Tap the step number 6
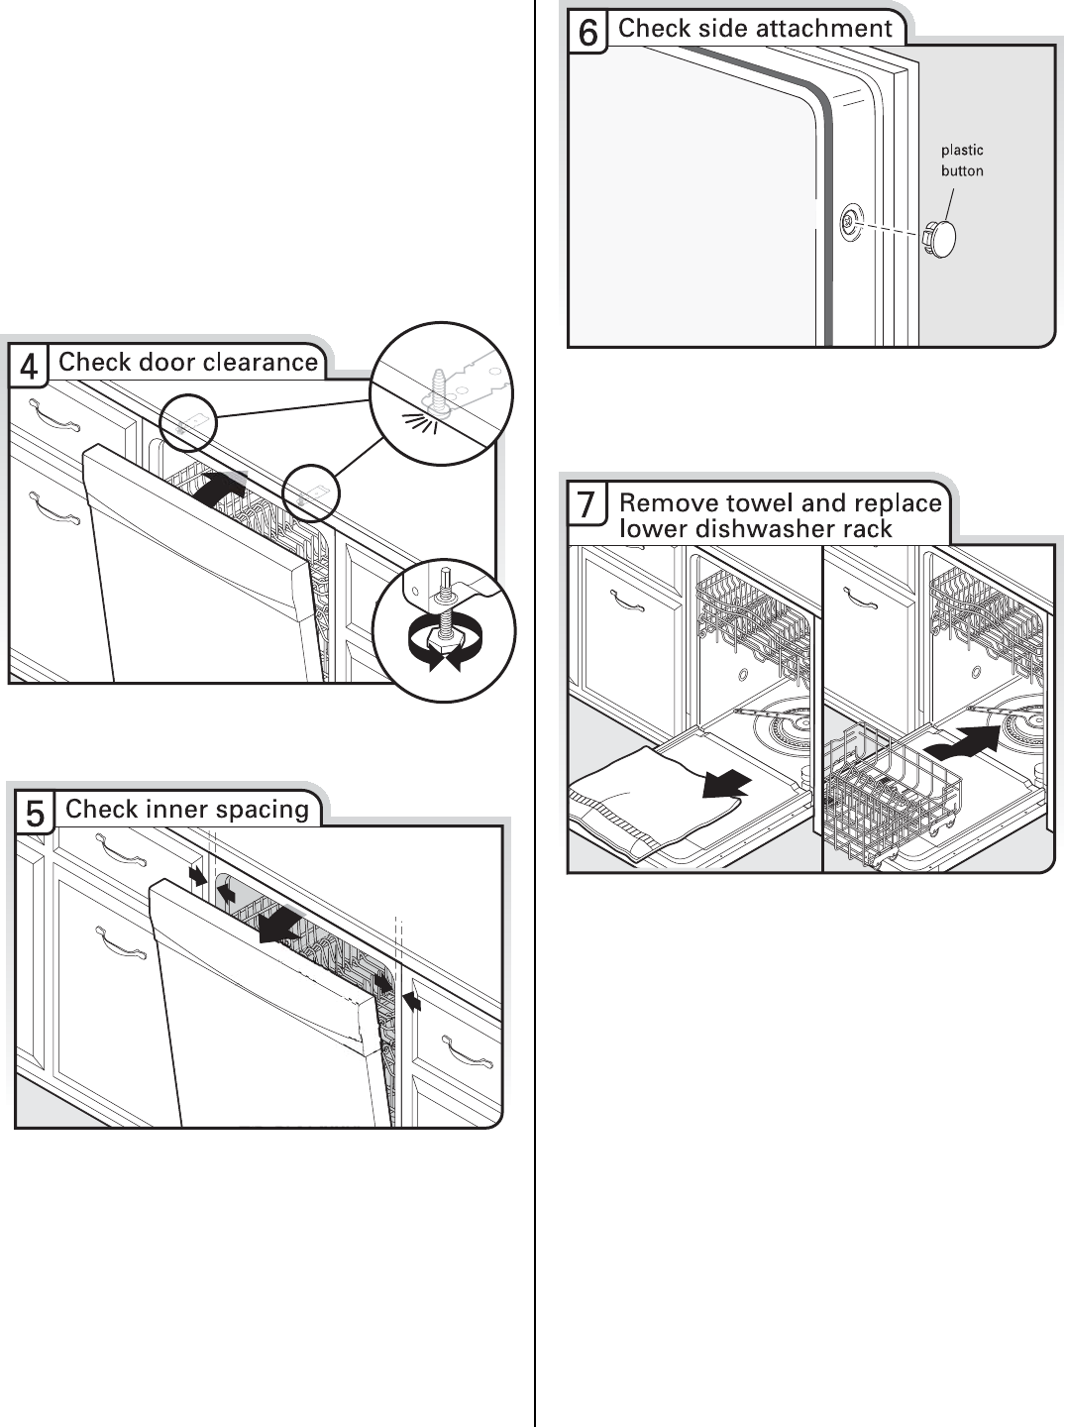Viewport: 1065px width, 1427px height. click(587, 33)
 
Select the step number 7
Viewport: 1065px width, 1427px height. click(586, 505)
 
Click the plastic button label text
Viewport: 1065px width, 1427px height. click(961, 161)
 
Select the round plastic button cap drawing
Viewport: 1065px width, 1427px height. click(941, 239)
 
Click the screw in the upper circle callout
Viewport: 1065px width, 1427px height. click(437, 386)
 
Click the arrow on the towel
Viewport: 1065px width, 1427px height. click(726, 784)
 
